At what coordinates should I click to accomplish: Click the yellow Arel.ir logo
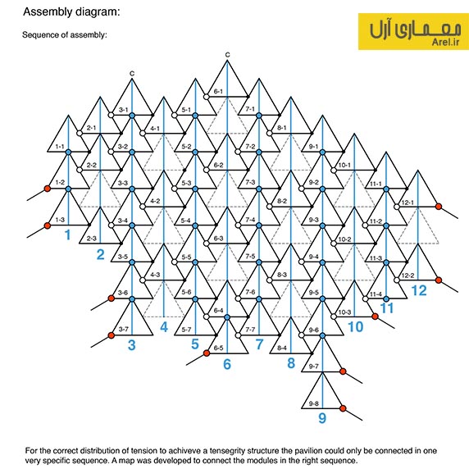[x=413, y=31]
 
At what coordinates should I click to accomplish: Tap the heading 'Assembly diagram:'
[x=71, y=12]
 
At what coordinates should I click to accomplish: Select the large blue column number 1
[x=68, y=234]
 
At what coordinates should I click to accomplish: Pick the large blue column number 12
[x=419, y=290]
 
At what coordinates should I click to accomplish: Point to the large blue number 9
[x=322, y=418]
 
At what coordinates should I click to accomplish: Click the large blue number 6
[x=227, y=364]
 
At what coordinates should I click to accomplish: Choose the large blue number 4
[x=164, y=327]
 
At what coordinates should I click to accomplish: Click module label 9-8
[x=313, y=403]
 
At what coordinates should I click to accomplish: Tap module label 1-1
[x=60, y=147]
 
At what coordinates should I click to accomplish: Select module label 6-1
[x=218, y=91]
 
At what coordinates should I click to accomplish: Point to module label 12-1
[x=408, y=203]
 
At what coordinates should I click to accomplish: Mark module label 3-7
[x=123, y=330]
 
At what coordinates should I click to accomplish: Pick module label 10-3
[x=344, y=312]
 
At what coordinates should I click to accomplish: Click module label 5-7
[x=186, y=330]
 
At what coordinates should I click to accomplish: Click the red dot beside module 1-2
[x=48, y=189]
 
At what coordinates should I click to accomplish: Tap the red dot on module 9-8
[x=343, y=408]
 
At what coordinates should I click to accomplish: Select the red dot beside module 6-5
[x=207, y=353]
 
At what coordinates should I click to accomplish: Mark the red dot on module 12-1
[x=439, y=207]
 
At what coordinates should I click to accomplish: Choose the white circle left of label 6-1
[x=207, y=97]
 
